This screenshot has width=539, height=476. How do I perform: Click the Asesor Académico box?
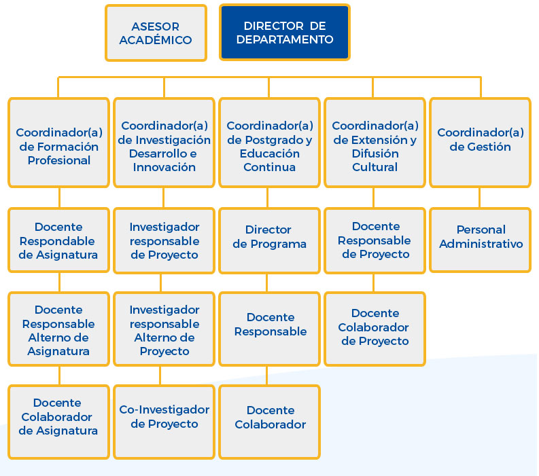(156, 33)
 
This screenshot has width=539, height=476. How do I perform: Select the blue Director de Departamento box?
(285, 33)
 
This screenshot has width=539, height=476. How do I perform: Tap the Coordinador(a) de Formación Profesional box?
(58, 143)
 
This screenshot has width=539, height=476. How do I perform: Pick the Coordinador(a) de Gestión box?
(481, 143)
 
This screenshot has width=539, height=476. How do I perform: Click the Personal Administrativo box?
(481, 240)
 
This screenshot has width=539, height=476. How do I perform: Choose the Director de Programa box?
(269, 240)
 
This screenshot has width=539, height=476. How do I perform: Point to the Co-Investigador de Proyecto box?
(164, 422)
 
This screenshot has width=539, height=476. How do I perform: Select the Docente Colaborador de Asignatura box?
(58, 422)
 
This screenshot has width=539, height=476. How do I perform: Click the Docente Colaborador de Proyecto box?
(375, 329)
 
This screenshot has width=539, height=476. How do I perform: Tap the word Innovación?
(164, 167)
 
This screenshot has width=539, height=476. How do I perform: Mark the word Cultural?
(375, 167)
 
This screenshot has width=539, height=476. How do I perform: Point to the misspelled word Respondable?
(57, 241)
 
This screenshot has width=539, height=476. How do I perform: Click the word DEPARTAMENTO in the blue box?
(285, 39)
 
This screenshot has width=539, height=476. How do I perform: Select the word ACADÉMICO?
(156, 40)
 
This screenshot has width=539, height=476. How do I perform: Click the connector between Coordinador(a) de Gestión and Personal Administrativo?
(480, 198)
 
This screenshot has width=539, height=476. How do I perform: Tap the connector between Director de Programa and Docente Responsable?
(267, 282)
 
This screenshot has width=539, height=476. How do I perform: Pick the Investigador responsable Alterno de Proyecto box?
(164, 329)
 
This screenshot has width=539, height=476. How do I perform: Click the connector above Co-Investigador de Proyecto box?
(160, 376)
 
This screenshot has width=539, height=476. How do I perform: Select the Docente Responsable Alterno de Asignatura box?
(58, 329)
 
